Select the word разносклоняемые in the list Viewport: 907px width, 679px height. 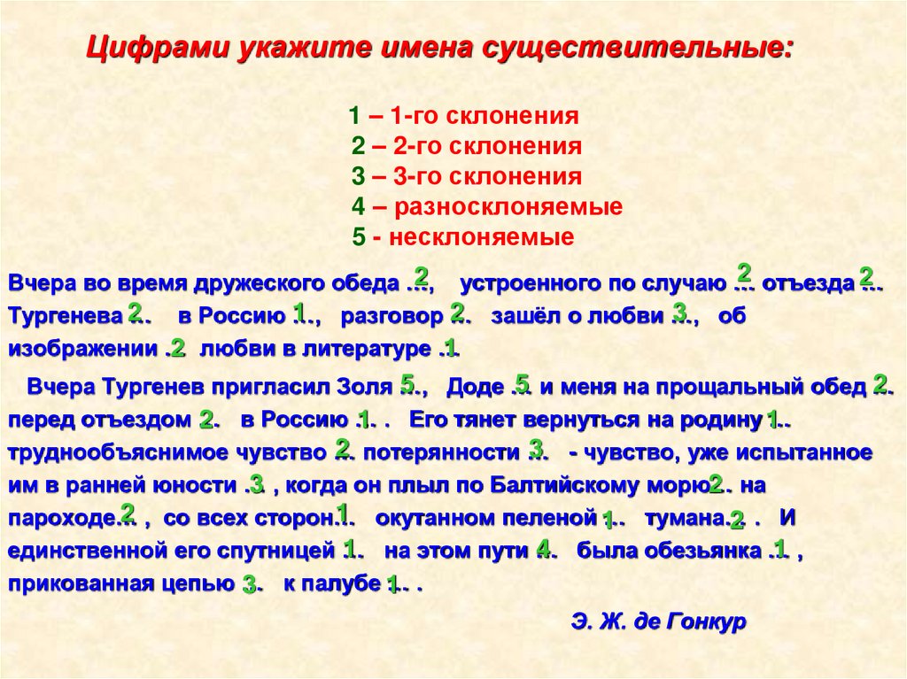click(x=508, y=207)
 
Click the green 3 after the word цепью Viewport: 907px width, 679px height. click(x=249, y=583)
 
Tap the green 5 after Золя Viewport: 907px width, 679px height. click(x=408, y=382)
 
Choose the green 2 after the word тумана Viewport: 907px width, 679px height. click(x=737, y=519)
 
